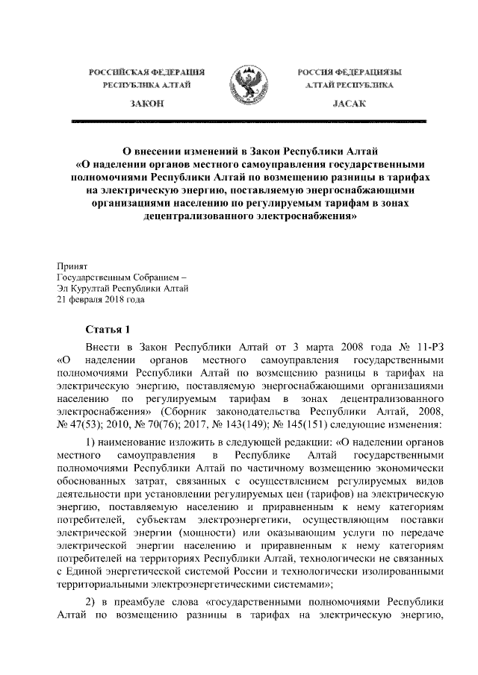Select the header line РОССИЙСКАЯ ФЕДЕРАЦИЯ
pyautogui.click(x=147, y=72)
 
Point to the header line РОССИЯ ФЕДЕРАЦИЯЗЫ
pyautogui.click(x=348, y=72)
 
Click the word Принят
pyautogui.click(x=72, y=265)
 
